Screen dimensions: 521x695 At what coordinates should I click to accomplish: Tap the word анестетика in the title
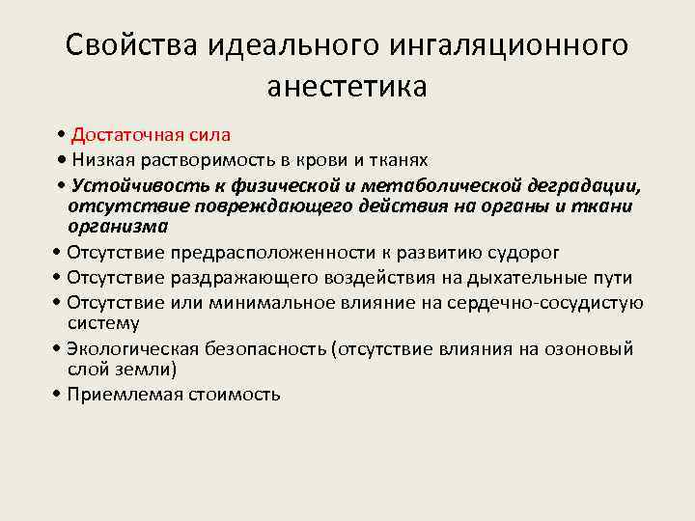pyautogui.click(x=347, y=87)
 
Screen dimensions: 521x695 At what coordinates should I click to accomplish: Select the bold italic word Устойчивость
pyautogui.click(x=135, y=183)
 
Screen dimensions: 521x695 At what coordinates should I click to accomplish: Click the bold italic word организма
pyautogui.click(x=117, y=227)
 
